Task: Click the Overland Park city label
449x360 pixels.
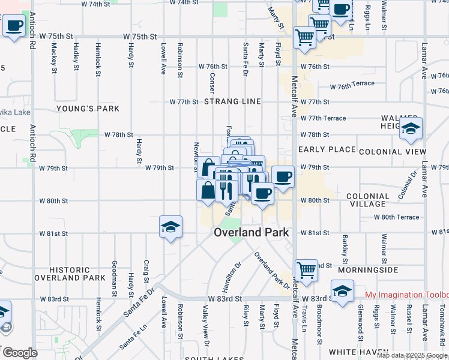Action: click(252, 232)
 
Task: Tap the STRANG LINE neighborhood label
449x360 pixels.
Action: click(232, 101)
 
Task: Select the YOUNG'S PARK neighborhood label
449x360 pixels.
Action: click(88, 109)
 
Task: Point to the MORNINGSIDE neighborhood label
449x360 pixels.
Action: click(372, 270)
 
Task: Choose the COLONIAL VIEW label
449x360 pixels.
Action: click(393, 152)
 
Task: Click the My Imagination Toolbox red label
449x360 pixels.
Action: click(406, 295)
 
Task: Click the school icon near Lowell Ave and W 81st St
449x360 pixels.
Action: click(170, 227)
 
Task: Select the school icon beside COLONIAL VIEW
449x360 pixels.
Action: click(411, 129)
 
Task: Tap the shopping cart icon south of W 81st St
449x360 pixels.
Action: click(306, 269)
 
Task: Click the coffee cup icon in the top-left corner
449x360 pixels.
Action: click(14, 26)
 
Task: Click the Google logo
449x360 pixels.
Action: click(19, 353)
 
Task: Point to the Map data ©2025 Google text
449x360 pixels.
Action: click(412, 355)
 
